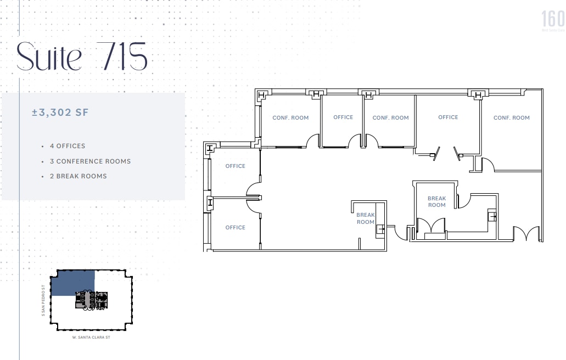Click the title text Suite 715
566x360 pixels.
[82, 57]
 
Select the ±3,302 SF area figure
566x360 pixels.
[60, 113]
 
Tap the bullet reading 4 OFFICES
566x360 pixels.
[67, 146]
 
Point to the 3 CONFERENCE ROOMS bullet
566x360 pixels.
[90, 161]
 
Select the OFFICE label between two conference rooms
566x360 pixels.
[343, 117]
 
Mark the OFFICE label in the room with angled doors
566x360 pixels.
[448, 117]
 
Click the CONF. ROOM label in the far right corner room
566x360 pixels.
[511, 117]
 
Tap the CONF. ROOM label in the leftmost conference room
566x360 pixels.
[290, 117]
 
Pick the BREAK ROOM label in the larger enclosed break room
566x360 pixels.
[436, 201]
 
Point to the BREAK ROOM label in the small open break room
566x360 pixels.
[365, 218]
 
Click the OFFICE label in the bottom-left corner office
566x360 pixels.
[235, 227]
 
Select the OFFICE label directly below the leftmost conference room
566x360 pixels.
[235, 166]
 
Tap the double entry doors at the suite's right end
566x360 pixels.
[526, 234]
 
